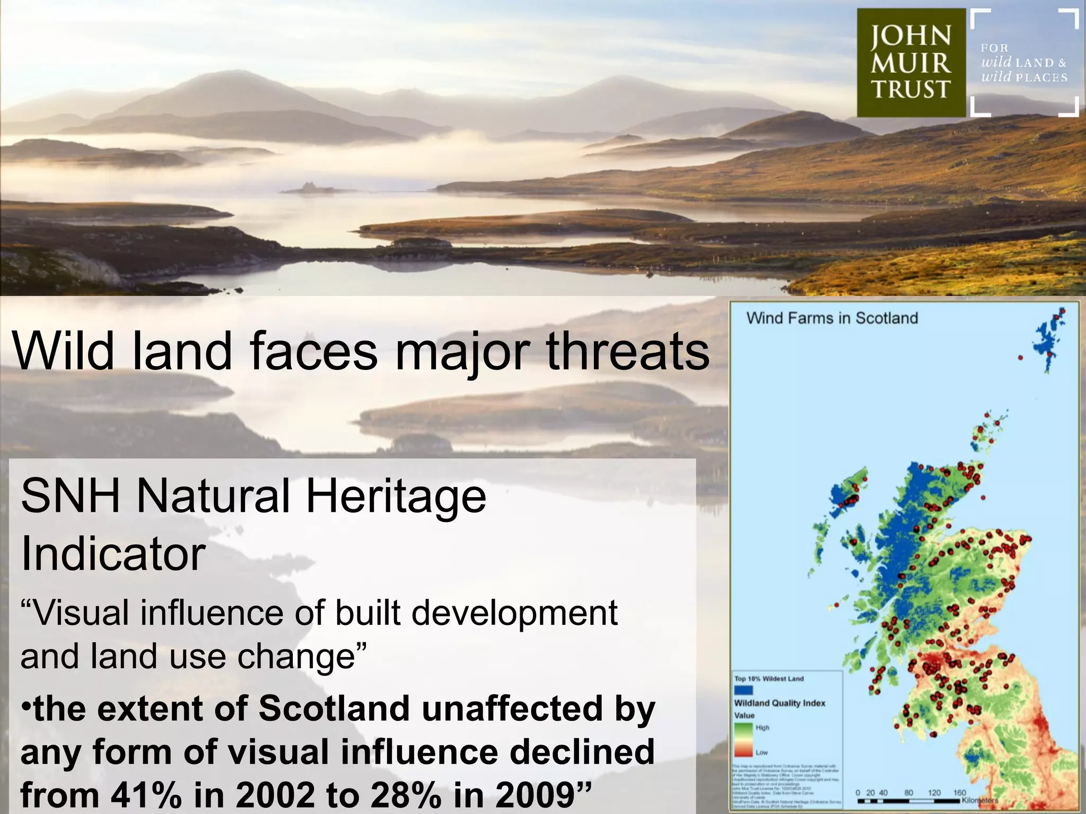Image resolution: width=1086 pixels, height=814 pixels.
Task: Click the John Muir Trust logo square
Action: coord(911,63)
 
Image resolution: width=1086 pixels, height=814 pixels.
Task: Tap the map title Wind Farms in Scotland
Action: coord(832,318)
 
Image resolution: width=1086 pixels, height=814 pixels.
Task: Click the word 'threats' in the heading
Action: coord(628,351)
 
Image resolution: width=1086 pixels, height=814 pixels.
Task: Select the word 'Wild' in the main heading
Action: coord(64,351)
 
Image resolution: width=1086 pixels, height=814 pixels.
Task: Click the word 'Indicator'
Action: coord(113,554)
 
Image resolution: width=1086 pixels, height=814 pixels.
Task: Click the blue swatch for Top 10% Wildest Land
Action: coord(743,690)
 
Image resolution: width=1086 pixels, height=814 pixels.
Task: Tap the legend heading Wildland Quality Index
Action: coord(780,703)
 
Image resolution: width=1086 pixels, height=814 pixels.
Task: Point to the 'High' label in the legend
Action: coord(763,728)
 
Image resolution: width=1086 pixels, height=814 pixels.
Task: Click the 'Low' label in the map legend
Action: coord(761,753)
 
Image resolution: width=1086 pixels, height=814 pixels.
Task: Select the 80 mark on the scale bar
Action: coord(908,793)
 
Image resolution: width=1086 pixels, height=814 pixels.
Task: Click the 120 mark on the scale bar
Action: coord(934,793)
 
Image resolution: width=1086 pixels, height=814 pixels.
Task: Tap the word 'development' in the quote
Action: coord(514,614)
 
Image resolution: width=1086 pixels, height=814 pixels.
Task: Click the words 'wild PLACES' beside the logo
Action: coord(1024,77)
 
